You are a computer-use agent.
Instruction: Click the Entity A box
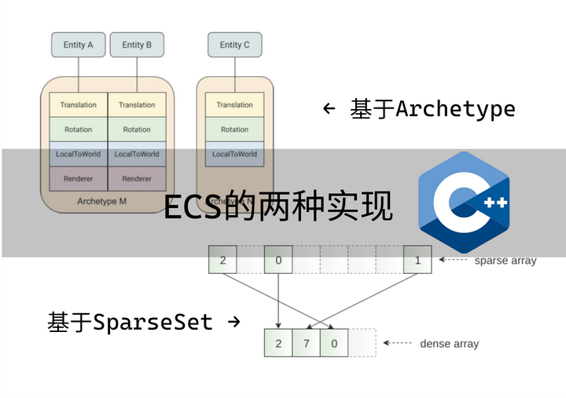pyautogui.click(x=79, y=45)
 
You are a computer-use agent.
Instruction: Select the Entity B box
pyautogui.click(x=137, y=45)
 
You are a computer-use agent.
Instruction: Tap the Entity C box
pyautogui.click(x=234, y=45)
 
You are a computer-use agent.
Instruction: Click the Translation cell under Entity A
pyautogui.click(x=78, y=105)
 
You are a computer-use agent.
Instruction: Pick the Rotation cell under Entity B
pyautogui.click(x=137, y=130)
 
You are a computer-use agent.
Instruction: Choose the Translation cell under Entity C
pyautogui.click(x=234, y=105)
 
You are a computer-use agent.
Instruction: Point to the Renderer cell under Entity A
pyautogui.click(x=78, y=179)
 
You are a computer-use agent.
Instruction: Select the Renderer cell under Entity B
pyautogui.click(x=137, y=179)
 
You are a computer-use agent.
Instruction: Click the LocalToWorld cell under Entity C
pyautogui.click(x=234, y=155)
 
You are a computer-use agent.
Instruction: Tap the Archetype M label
pyautogui.click(x=102, y=202)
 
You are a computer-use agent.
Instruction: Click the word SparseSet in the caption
pyautogui.click(x=153, y=322)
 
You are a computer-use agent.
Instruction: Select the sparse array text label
pyautogui.click(x=505, y=261)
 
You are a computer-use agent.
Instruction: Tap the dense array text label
pyautogui.click(x=449, y=344)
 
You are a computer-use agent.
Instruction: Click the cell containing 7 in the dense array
pyautogui.click(x=306, y=343)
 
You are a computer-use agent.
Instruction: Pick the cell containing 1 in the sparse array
pyautogui.click(x=417, y=260)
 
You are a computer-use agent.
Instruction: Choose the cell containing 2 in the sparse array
pyautogui.click(x=222, y=260)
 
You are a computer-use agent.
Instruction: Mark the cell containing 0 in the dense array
pyautogui.click(x=334, y=343)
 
